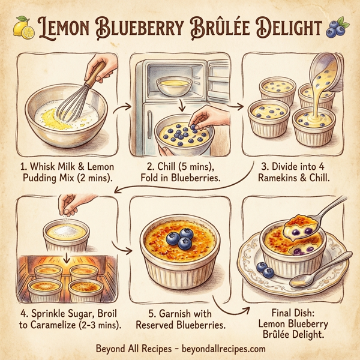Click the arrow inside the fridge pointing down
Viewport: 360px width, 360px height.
(179, 106)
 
